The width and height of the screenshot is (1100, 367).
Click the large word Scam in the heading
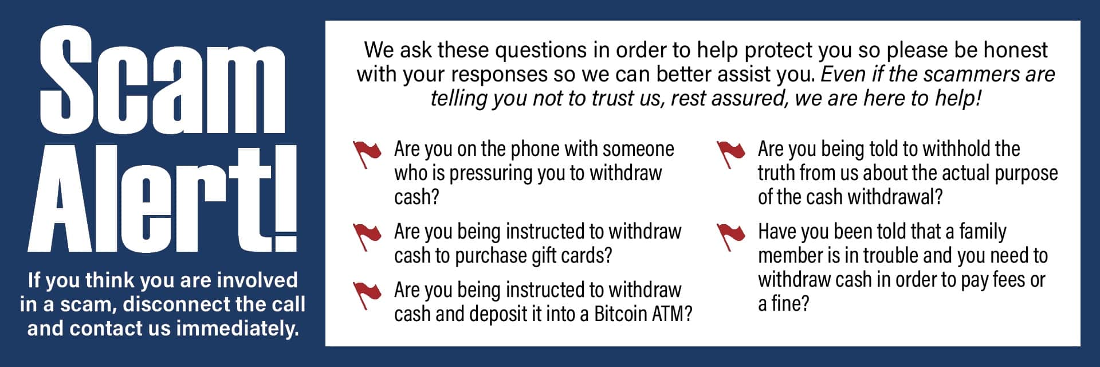pyautogui.click(x=162, y=80)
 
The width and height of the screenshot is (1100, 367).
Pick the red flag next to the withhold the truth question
pyautogui.click(x=730, y=154)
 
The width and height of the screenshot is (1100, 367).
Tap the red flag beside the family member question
pyautogui.click(x=730, y=236)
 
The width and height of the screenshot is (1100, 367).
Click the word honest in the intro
pyautogui.click(x=1015, y=50)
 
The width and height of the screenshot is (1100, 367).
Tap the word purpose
pyautogui.click(x=1026, y=173)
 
